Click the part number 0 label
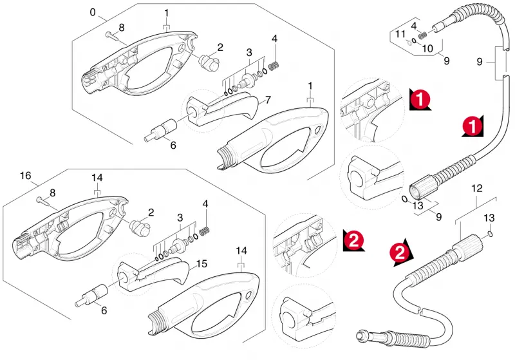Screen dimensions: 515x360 [x=93, y=12]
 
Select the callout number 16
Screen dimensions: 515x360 [x=25, y=176]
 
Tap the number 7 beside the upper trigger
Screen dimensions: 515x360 [x=268, y=100]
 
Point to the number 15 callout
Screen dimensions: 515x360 [x=201, y=264]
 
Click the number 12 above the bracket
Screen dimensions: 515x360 [x=477, y=189]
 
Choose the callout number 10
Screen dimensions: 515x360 [x=427, y=48]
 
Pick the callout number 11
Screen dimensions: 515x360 [x=400, y=34]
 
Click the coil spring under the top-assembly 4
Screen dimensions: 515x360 [x=274, y=66]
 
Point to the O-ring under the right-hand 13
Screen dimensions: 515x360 [x=489, y=234]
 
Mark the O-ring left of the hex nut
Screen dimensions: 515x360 [x=405, y=199]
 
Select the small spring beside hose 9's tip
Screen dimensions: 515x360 [x=422, y=35]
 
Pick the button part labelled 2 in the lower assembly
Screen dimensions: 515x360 [x=140, y=227]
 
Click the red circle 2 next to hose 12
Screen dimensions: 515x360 [x=399, y=253]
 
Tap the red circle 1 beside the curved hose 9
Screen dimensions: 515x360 [x=473, y=126]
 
